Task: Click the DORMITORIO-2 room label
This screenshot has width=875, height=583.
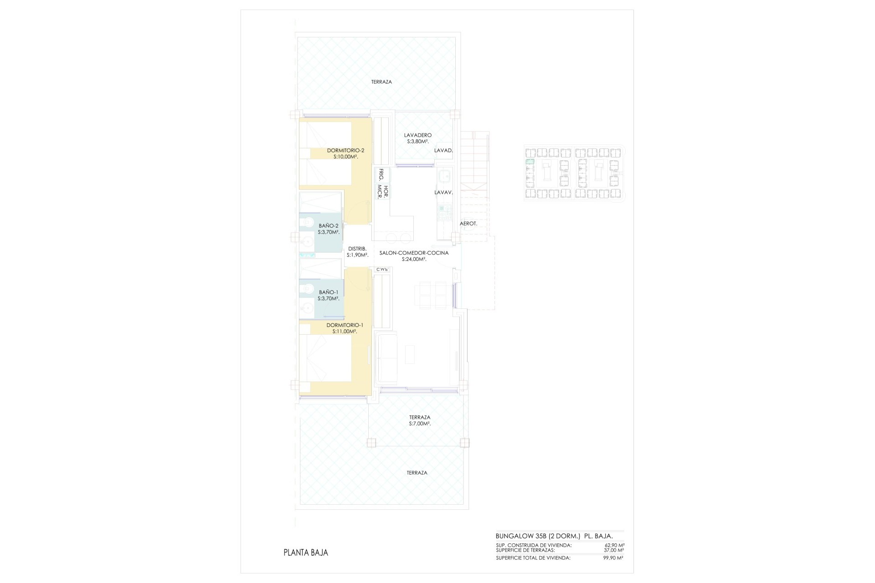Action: pyautogui.click(x=345, y=153)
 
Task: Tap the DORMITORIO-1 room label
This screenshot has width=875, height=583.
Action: pyautogui.click(x=345, y=328)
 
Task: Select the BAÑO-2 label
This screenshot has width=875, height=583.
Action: pyautogui.click(x=329, y=229)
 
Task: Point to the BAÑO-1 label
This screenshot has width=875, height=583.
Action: pyautogui.click(x=329, y=295)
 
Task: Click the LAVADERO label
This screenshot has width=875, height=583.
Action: pyautogui.click(x=418, y=138)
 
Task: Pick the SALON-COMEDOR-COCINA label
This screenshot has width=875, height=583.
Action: pyautogui.click(x=414, y=256)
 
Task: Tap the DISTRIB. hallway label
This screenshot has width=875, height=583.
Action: pyautogui.click(x=357, y=251)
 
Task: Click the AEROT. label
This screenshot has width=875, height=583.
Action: pyautogui.click(x=468, y=224)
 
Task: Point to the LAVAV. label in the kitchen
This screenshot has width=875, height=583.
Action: pyautogui.click(x=443, y=193)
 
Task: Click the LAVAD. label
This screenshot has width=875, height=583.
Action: pyautogui.click(x=443, y=150)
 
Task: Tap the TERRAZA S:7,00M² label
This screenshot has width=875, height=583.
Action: pyautogui.click(x=420, y=420)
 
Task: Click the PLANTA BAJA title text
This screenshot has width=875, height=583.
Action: pyautogui.click(x=306, y=553)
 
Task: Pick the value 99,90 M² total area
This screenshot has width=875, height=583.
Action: pyautogui.click(x=613, y=558)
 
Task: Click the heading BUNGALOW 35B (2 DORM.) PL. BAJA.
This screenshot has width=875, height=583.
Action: pyautogui.click(x=554, y=536)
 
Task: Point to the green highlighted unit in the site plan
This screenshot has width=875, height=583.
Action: pyautogui.click(x=530, y=162)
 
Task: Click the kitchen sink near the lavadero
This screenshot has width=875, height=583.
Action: pyautogui.click(x=444, y=175)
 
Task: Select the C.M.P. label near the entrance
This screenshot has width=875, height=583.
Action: pyautogui.click(x=382, y=270)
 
